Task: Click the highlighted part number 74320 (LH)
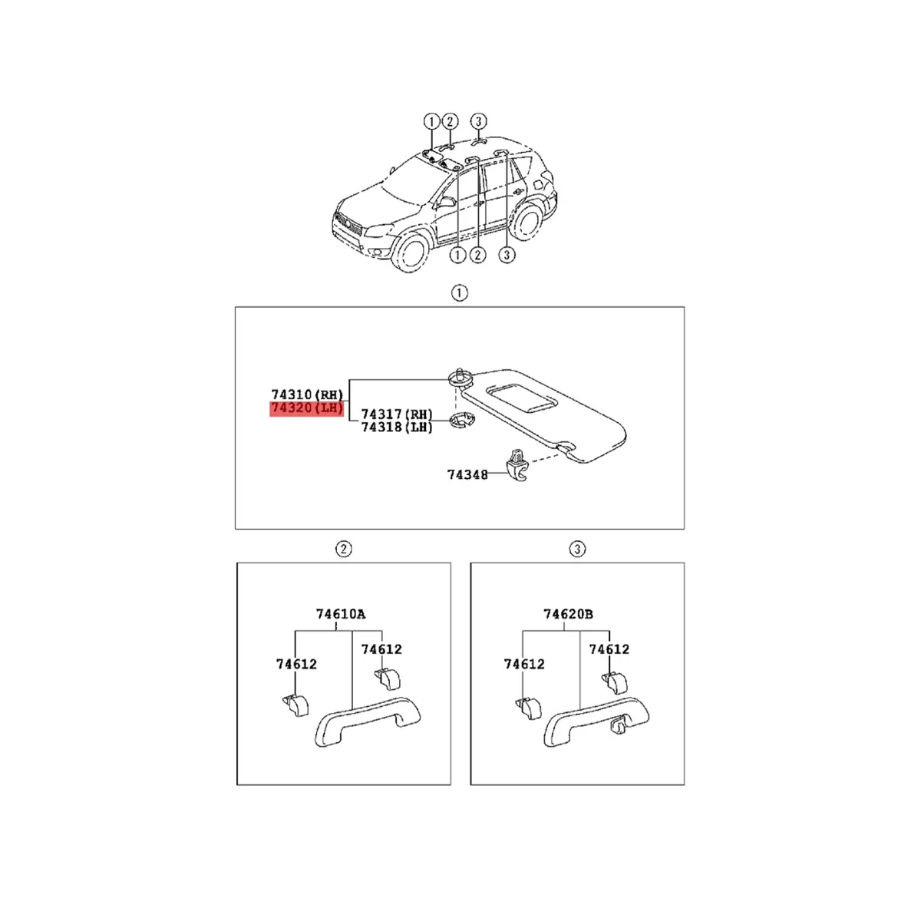(305, 408)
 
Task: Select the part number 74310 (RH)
(306, 394)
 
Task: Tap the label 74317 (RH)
(397, 414)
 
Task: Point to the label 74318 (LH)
(397, 427)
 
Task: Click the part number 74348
(467, 474)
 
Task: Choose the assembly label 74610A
(341, 614)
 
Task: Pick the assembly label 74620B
(568, 614)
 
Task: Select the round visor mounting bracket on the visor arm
(457, 377)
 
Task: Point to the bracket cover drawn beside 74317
(460, 421)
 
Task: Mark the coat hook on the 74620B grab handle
(618, 725)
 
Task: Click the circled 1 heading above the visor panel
(459, 292)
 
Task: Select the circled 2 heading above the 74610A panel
(344, 549)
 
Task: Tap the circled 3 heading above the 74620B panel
(577, 549)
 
